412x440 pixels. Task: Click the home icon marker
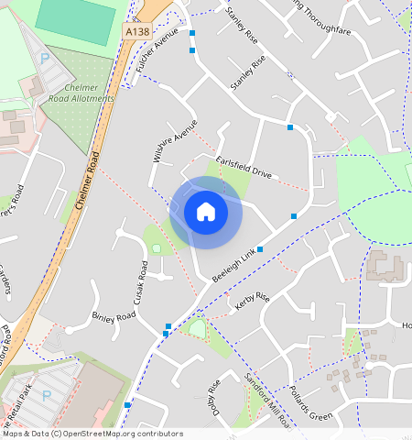click(206, 213)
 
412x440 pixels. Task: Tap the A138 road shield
click(136, 31)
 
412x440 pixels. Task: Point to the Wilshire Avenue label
click(174, 142)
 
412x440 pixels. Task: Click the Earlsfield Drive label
click(244, 167)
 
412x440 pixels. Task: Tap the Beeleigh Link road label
click(233, 266)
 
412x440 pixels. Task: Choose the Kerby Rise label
click(252, 302)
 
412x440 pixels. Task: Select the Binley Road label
click(114, 317)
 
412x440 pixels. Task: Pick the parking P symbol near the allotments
click(45, 58)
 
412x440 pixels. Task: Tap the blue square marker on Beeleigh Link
click(260, 249)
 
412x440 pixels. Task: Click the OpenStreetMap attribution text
click(92, 434)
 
